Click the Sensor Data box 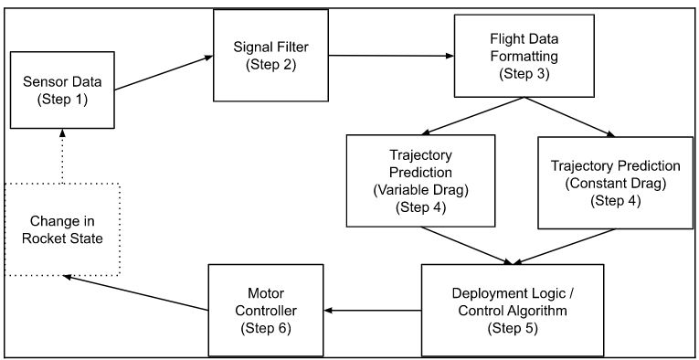[61, 90]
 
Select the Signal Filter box [270, 56]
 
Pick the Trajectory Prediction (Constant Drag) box [615, 182]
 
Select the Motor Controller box [265, 311]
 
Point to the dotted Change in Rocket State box [61, 228]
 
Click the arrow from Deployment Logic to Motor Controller [372, 311]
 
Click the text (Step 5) [513, 328]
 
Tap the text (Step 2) [270, 64]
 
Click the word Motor [265, 294]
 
